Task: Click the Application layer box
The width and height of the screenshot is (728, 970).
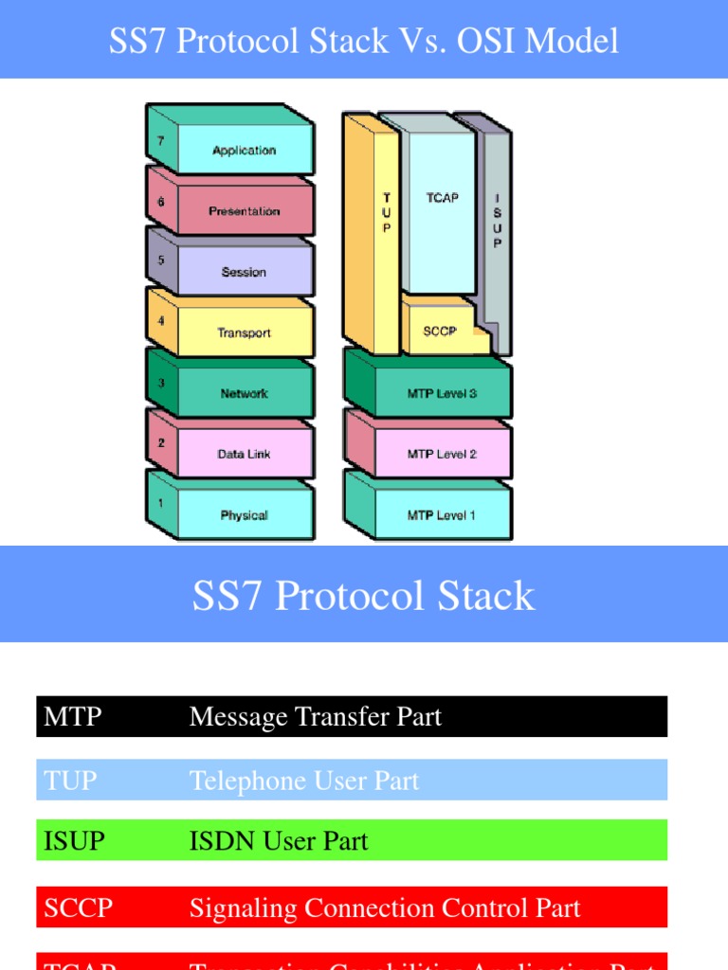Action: tap(245, 151)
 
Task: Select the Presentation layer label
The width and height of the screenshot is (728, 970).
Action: tap(245, 211)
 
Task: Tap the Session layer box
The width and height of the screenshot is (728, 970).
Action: tap(245, 272)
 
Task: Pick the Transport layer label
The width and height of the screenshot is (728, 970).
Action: tap(245, 332)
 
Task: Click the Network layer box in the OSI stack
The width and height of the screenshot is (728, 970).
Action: tap(245, 393)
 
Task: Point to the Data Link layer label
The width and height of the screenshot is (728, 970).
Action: tap(245, 454)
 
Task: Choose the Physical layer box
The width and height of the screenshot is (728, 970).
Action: tap(245, 515)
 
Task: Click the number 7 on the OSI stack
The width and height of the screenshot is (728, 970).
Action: tap(160, 140)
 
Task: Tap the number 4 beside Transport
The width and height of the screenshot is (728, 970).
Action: tap(160, 322)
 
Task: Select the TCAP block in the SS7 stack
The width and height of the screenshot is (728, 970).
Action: tap(442, 198)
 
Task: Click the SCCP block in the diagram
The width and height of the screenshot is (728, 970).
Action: tap(440, 332)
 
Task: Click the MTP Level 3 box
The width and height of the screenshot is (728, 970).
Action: tap(442, 393)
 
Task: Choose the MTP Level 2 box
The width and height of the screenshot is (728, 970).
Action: tap(442, 454)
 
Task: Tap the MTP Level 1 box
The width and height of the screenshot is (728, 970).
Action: tap(442, 515)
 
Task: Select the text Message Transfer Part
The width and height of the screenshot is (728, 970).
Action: tap(316, 716)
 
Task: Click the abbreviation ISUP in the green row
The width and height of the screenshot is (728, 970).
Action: tap(74, 840)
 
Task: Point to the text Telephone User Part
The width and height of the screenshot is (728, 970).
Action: tap(304, 781)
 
